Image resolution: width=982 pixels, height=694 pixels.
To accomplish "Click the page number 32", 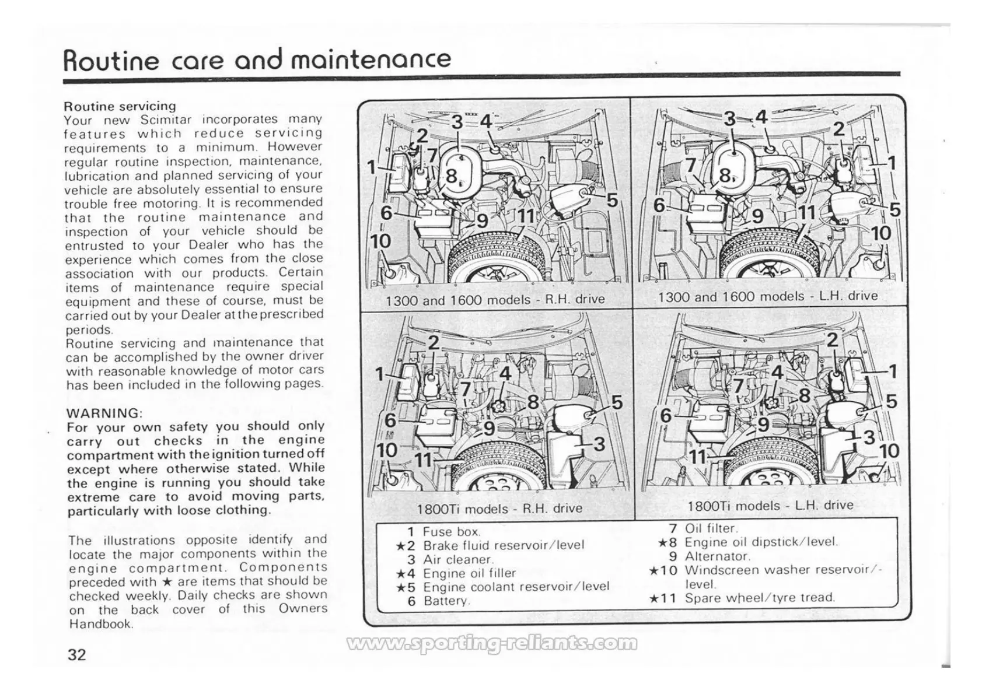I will pos(77,654).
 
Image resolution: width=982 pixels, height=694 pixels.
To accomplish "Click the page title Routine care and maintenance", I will pos(257,59).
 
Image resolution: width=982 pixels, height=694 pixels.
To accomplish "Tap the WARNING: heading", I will pos(104,413).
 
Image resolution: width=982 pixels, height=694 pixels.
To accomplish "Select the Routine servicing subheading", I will pos(120,106).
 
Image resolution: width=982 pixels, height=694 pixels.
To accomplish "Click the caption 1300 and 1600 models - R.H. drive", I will pos(495,300).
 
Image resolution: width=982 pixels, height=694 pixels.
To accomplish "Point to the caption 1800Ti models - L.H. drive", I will pos(770,506).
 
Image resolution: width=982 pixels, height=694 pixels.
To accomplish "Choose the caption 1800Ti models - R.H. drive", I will pos(499,509).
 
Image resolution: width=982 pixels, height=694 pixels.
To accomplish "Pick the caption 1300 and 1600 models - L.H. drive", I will pos(768,296).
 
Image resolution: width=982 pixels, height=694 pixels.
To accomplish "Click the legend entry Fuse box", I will pos(451,532).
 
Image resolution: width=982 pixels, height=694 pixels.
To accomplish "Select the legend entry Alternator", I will pos(717,556).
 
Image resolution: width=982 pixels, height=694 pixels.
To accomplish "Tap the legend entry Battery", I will pos(446,601).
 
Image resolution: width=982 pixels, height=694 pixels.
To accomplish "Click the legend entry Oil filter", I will pos(711,528).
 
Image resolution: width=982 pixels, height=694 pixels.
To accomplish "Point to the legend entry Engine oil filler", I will pos(469,573).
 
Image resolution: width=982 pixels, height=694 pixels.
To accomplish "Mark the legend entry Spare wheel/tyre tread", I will pos(760,598).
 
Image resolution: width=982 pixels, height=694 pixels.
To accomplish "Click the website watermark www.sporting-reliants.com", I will pos(492,643).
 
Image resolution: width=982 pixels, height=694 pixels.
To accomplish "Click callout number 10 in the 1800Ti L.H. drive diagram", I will pos(889,451).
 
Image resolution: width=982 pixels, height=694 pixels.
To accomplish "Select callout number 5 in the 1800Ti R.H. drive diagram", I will pos(617,403).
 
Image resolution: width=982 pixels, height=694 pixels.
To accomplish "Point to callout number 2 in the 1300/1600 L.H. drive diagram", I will pos(838,129).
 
